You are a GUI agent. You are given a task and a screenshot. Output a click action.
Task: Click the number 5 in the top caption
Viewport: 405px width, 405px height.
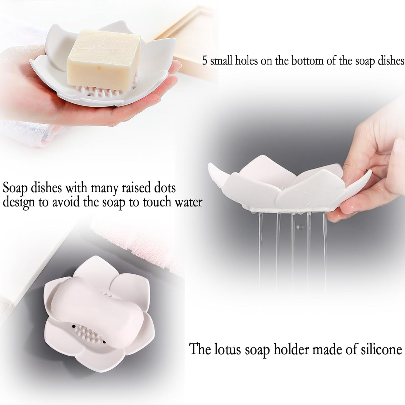point(205,61)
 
